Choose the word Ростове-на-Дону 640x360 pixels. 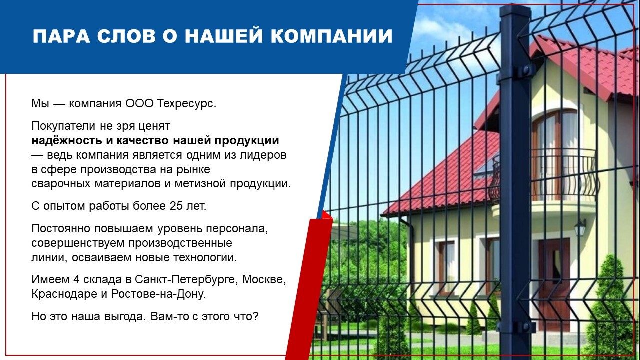pos(158,294)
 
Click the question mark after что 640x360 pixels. pos(255,316)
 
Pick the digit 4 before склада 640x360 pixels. pos(76,279)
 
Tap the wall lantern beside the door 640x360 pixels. pos(580,227)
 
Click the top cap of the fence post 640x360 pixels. pos(515,10)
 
